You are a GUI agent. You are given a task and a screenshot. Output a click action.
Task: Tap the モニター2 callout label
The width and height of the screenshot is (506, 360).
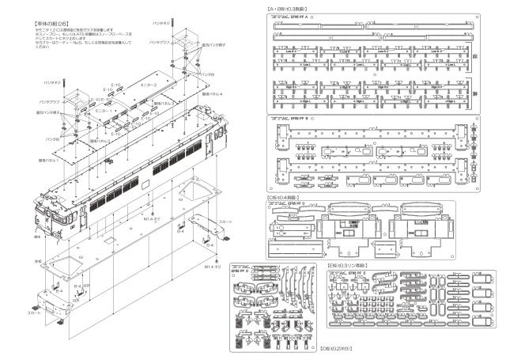tap(148, 84)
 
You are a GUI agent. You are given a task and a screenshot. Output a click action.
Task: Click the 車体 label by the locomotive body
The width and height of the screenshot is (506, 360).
tap(37, 237)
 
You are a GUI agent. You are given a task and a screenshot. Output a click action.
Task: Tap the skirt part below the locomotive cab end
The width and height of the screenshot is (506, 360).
tap(39, 305)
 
